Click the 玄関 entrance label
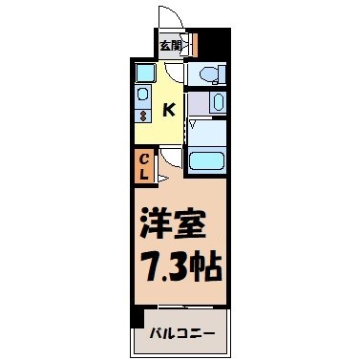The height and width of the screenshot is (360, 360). point(169,44)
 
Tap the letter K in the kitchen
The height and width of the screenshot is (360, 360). point(168,110)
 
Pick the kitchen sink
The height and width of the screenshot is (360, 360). point(141,95)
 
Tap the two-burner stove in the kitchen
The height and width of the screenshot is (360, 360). point(141,116)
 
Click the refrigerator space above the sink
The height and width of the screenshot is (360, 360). point(142,73)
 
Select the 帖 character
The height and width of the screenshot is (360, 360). point(205,265)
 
